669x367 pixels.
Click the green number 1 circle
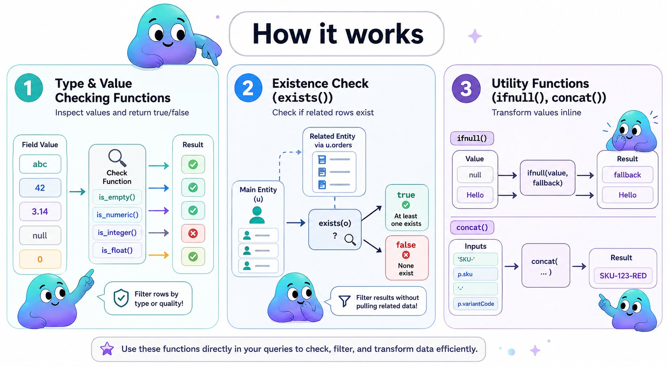28,88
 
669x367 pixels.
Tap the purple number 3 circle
466,88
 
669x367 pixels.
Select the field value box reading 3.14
40,211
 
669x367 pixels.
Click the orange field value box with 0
40,259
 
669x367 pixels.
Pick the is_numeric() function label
117,215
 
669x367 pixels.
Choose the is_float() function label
117,250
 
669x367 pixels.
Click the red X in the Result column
193,233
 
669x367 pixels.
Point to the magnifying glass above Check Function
117,158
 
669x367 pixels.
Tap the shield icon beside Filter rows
121,298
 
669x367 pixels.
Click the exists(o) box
335,229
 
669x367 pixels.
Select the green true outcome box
406,207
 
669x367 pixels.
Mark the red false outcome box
406,258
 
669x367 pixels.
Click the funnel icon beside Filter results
344,301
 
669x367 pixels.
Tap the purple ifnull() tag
472,138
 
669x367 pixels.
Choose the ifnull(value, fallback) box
547,178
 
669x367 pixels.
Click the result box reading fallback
627,175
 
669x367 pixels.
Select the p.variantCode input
475,304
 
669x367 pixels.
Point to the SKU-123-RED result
623,275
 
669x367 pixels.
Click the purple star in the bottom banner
107,349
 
